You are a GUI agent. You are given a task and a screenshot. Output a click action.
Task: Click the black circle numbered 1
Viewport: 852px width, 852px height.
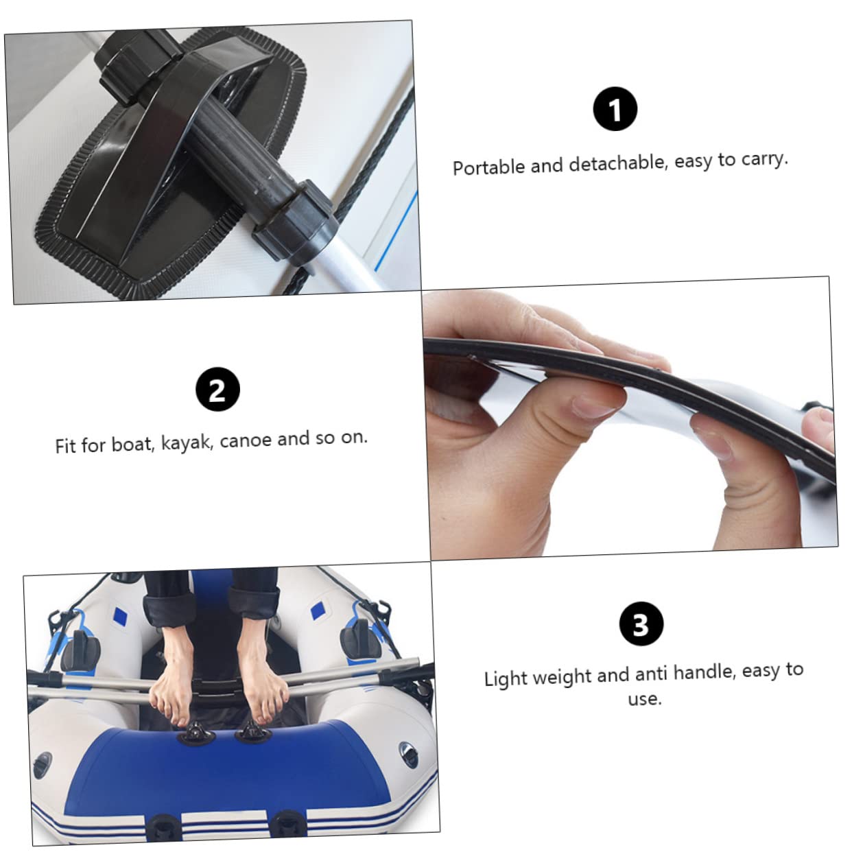615,109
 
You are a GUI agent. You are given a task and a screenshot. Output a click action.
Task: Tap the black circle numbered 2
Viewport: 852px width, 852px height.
217,390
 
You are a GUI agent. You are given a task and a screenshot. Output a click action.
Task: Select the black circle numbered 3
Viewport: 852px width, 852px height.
640,624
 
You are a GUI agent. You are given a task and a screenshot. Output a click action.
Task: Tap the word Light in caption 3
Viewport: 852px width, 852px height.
506,678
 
